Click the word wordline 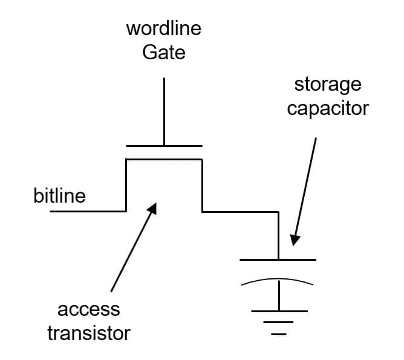[x=164, y=29]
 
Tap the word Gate [x=164, y=53]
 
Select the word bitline [x=59, y=196]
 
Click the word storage [x=327, y=84]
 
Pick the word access [x=88, y=310]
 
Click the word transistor [x=88, y=333]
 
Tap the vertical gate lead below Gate [x=164, y=112]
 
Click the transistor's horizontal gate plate [x=164, y=146]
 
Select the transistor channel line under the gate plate [x=164, y=159]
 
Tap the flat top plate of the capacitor [x=278, y=260]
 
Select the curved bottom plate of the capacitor [x=278, y=280]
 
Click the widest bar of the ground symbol [x=279, y=311]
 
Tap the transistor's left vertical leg [x=126, y=185]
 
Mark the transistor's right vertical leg [x=202, y=185]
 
